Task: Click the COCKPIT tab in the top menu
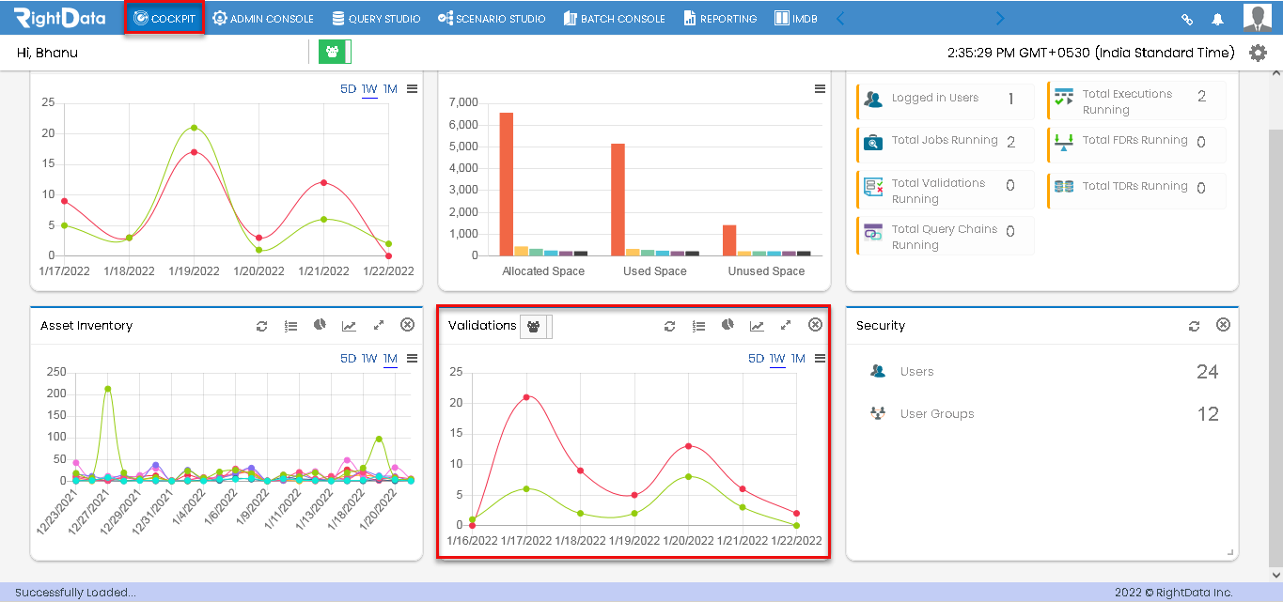[x=164, y=18]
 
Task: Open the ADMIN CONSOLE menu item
[x=263, y=18]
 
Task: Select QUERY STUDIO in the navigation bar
[x=376, y=18]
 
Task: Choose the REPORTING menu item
[x=720, y=18]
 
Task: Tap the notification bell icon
[x=1218, y=20]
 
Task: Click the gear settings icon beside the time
[x=1258, y=53]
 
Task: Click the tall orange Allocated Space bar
[x=507, y=184]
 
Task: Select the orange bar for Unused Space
[x=729, y=240]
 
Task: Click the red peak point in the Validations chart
[x=526, y=397]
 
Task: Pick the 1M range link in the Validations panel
[x=798, y=358]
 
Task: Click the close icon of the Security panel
[x=1223, y=325]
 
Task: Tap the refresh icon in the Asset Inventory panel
[x=261, y=326]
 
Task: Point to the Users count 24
[x=1208, y=372]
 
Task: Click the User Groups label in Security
[x=937, y=414]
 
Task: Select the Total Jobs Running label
[x=945, y=140]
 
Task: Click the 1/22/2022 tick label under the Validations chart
[x=796, y=541]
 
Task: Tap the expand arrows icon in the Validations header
[x=786, y=326]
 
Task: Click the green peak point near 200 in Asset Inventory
[x=108, y=389]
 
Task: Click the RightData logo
[x=59, y=18]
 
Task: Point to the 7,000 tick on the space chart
[x=463, y=102]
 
